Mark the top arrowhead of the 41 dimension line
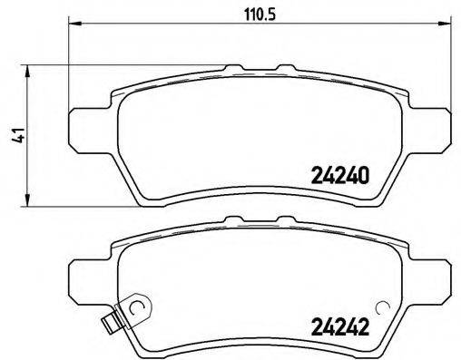click(x=30, y=69)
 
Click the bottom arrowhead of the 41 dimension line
click(x=30, y=200)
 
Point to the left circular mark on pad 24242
click(x=137, y=309)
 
